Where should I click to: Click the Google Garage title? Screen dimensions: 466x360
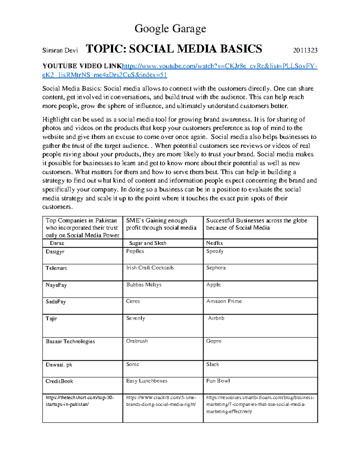click(170, 29)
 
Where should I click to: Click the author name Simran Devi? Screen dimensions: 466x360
click(60, 50)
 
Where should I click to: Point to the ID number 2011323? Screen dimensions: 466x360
click(305, 50)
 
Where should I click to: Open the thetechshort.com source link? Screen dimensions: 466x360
click(79, 401)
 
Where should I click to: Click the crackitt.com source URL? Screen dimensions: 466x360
click(161, 401)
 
